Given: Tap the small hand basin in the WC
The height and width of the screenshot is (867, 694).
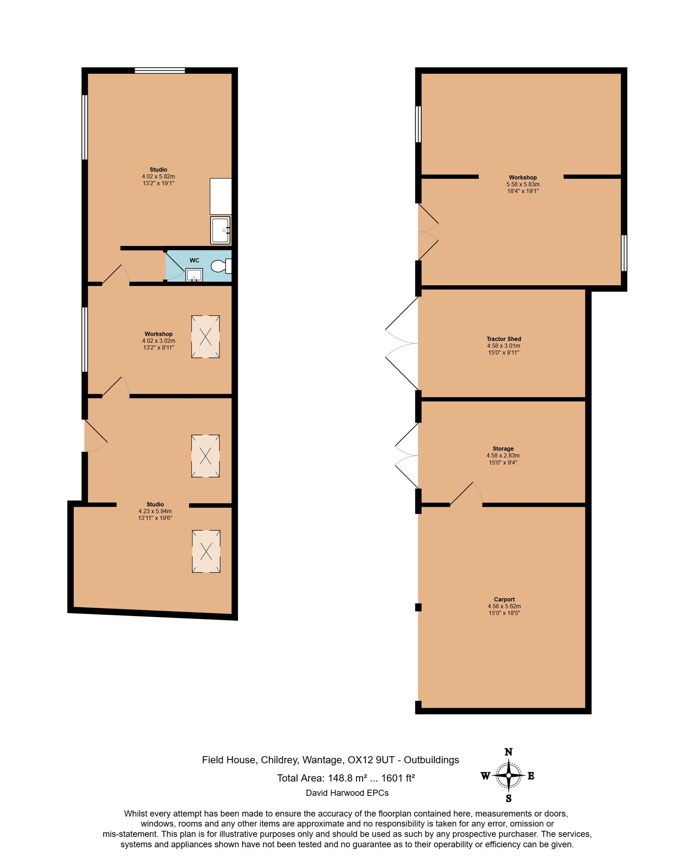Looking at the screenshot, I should pyautogui.click(x=194, y=275).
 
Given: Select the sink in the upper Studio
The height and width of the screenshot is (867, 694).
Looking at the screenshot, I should pyautogui.click(x=220, y=230).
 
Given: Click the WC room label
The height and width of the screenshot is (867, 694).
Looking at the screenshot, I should pyautogui.click(x=194, y=260).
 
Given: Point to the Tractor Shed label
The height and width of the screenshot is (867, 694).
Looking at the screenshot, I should pyautogui.click(x=503, y=339).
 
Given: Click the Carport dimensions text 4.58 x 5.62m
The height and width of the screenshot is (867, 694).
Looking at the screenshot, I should pyautogui.click(x=504, y=606).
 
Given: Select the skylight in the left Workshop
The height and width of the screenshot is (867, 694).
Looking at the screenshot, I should pyautogui.click(x=205, y=337).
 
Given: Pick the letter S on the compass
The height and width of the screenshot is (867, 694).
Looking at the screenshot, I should pyautogui.click(x=508, y=798).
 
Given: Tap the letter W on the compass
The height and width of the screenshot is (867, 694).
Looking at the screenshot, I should pyautogui.click(x=485, y=776).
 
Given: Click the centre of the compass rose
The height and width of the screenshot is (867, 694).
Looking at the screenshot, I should pyautogui.click(x=508, y=775).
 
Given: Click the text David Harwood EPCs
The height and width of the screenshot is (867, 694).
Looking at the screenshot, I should pyautogui.click(x=347, y=793).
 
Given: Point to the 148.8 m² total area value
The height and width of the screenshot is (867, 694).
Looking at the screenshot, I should pyautogui.click(x=347, y=778).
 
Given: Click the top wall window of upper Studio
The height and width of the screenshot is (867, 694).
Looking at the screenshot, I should pyautogui.click(x=160, y=70).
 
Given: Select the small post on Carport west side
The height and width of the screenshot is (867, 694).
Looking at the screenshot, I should pyautogui.click(x=418, y=607).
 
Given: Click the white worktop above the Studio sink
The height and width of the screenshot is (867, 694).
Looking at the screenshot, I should pyautogui.click(x=220, y=196).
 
